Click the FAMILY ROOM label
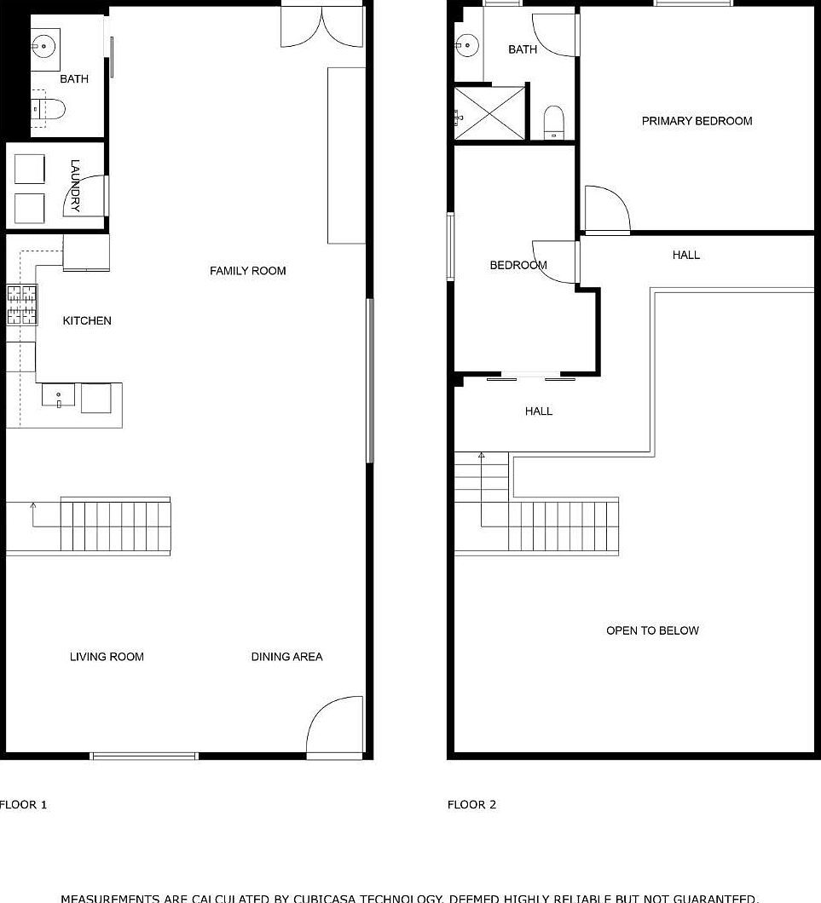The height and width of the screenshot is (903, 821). point(248,271)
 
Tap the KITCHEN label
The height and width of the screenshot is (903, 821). point(87,321)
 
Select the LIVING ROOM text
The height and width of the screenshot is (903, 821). point(107,657)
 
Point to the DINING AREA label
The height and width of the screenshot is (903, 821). point(286,657)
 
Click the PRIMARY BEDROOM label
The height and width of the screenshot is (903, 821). point(697,121)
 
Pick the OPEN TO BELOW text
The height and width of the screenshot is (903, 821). point(652,631)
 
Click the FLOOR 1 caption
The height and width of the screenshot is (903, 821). point(24,804)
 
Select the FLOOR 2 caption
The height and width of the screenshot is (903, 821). point(471,804)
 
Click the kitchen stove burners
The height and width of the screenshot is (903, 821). point(23,305)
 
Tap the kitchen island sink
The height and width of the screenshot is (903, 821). point(59,396)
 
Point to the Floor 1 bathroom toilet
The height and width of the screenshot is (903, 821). point(49,109)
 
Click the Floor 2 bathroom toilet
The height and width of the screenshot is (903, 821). point(554,122)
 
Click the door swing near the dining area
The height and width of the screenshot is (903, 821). point(334,727)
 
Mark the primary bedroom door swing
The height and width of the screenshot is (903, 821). point(606,209)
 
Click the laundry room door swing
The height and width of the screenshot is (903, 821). point(87,196)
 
